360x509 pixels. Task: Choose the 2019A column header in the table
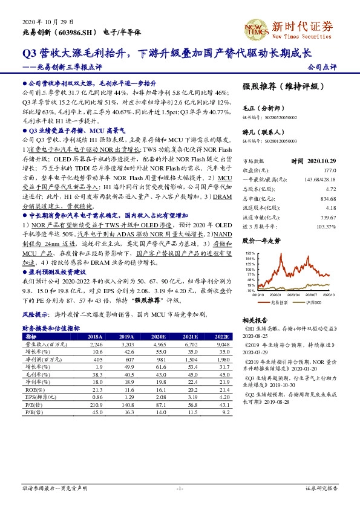126,336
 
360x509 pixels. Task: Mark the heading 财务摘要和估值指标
51,328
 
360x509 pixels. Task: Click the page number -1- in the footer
179,488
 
